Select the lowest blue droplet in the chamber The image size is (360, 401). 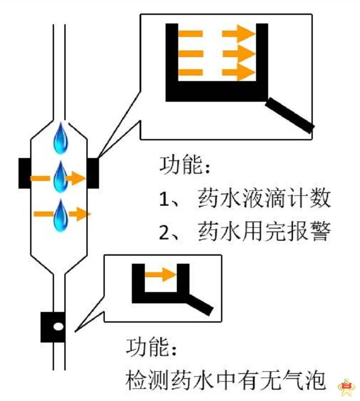(x=61, y=216)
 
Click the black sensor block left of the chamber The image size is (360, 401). (x=25, y=173)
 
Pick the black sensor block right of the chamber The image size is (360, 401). (x=93, y=173)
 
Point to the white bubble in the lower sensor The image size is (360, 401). (x=58, y=326)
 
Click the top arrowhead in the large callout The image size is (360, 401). (x=246, y=33)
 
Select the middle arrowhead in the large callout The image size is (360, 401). (x=246, y=54)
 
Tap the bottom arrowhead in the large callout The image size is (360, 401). (x=246, y=72)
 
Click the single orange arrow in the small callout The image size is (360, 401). (x=161, y=275)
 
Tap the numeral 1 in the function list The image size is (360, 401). (x=163, y=199)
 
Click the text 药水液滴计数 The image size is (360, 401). (x=265, y=198)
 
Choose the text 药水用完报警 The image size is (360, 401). (x=265, y=232)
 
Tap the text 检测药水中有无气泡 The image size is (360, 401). (x=225, y=380)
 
